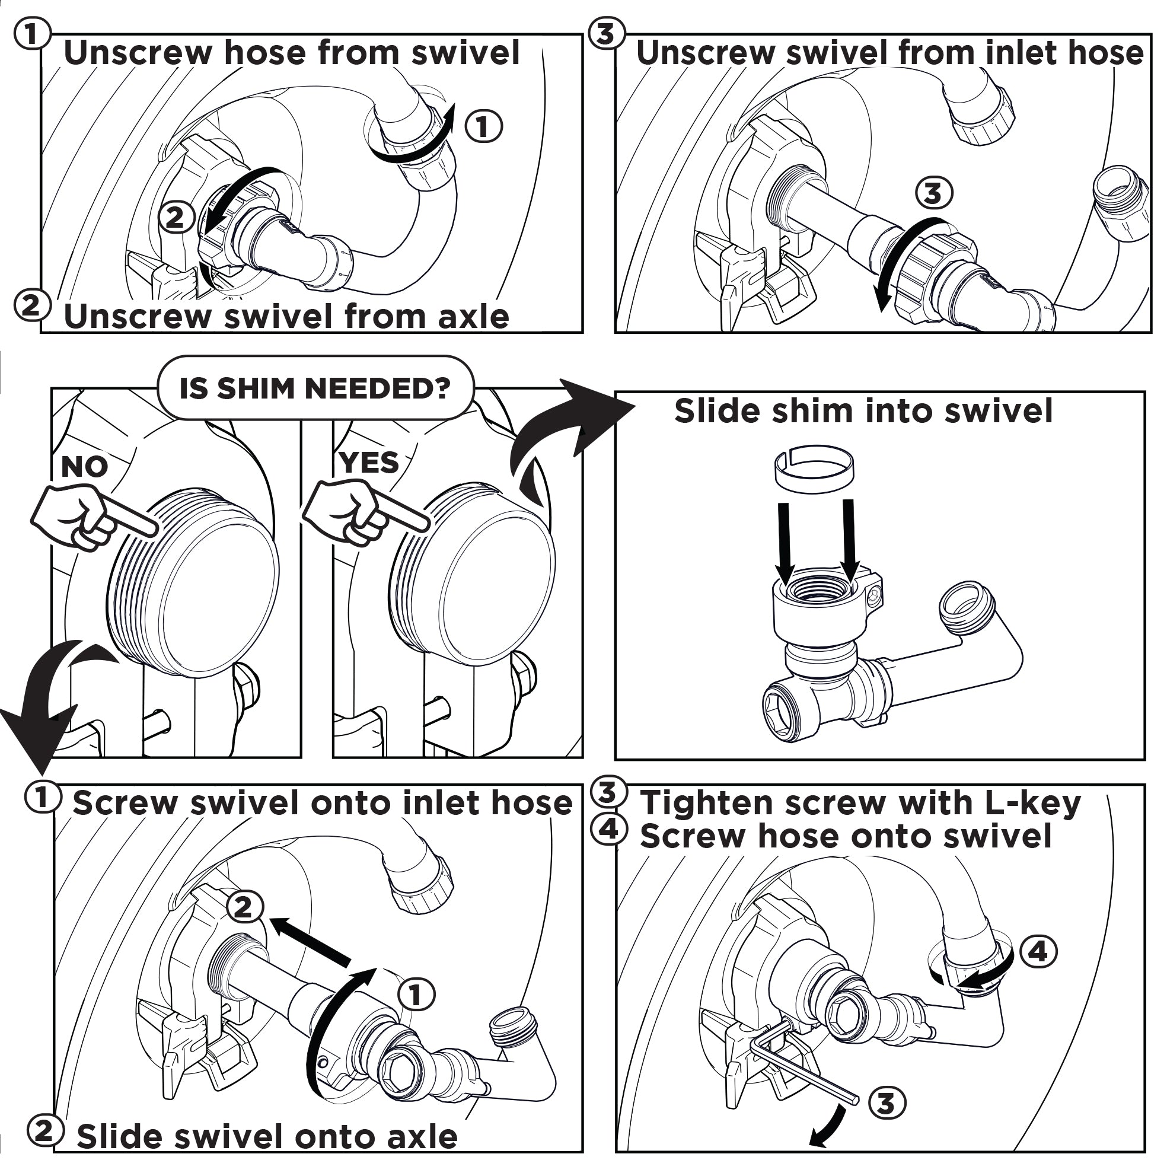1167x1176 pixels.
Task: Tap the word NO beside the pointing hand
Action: tap(85, 467)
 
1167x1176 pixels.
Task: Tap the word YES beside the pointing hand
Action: tap(369, 463)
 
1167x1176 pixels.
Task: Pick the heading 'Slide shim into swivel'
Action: tap(863, 412)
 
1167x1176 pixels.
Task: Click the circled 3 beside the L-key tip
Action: tap(887, 1104)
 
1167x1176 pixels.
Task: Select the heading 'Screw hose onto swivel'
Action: tap(846, 836)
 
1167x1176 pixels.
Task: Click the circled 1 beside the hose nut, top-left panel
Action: tap(484, 126)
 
